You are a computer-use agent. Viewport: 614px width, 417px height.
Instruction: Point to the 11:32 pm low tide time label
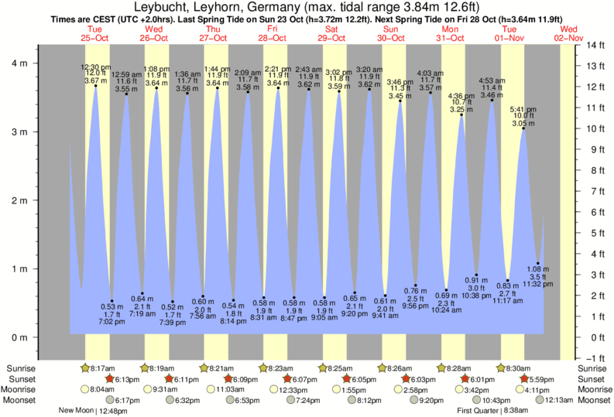tap(538, 284)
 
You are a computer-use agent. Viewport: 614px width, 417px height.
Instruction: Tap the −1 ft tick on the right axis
tap(595, 357)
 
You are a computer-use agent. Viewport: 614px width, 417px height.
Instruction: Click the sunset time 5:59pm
tap(539, 379)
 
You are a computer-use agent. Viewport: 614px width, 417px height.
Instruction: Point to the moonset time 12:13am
tap(538, 400)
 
